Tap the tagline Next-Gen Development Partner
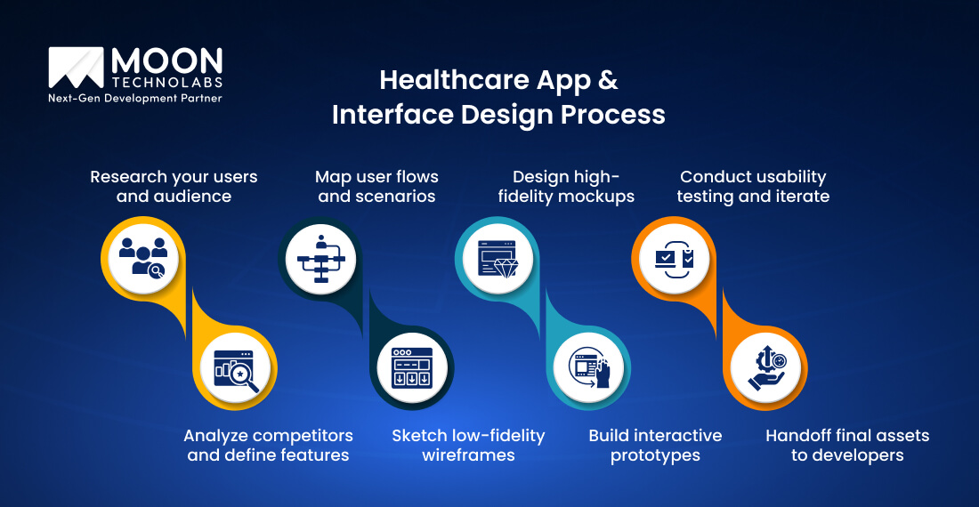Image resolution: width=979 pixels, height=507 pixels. click(x=134, y=99)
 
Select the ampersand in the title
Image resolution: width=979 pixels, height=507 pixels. click(x=607, y=80)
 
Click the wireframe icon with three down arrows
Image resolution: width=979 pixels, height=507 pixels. click(x=411, y=367)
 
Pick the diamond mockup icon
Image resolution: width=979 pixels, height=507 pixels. click(x=497, y=259)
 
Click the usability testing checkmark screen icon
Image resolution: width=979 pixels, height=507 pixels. click(x=674, y=259)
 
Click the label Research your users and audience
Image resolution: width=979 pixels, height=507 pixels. click(x=174, y=186)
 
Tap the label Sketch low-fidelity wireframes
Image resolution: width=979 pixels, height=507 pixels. click(x=468, y=445)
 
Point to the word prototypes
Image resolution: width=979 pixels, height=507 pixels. click(x=655, y=455)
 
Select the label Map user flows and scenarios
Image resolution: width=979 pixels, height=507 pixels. click(x=376, y=186)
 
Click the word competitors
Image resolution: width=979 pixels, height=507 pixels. click(x=303, y=436)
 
